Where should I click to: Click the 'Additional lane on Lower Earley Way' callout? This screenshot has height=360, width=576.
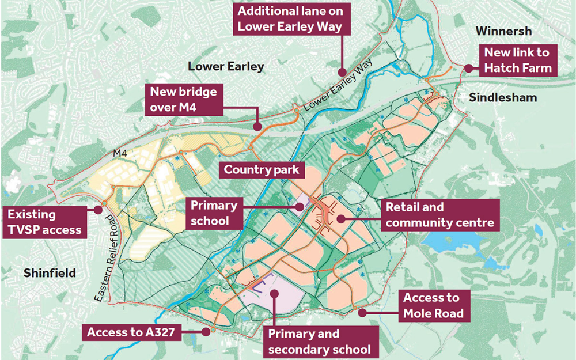290,18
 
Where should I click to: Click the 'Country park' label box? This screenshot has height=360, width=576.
262,169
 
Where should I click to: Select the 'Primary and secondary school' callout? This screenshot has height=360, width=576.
320,342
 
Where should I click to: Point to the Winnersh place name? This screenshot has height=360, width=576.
504,31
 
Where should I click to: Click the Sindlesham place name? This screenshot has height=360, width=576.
503,97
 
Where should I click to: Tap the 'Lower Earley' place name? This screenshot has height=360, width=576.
226,67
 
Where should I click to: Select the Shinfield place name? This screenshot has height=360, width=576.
50,273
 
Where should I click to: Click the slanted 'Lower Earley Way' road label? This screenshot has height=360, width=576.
336,87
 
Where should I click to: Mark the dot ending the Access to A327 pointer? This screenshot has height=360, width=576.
206,331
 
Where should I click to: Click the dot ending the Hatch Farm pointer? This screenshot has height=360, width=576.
468,68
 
